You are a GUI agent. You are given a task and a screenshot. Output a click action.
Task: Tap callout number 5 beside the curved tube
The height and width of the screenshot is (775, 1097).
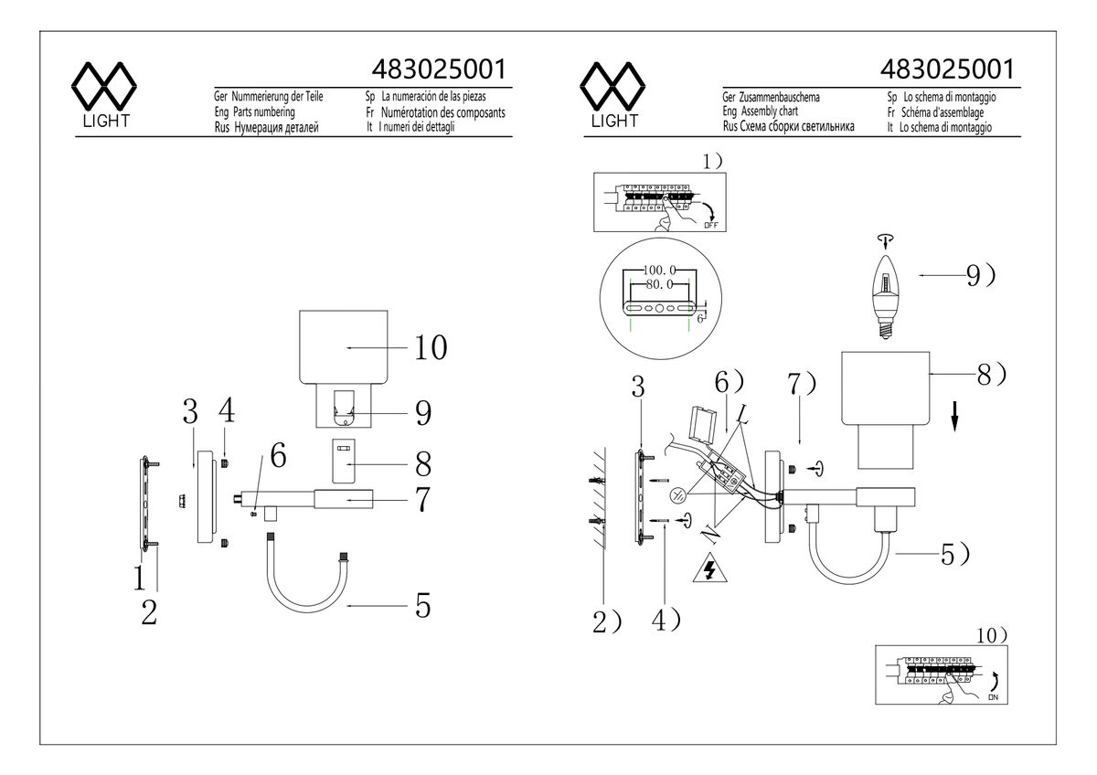[421, 606]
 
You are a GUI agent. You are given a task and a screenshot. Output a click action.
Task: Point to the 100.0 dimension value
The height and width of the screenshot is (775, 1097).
[659, 271]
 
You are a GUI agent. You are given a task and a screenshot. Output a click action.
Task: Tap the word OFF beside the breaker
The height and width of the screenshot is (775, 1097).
[710, 224]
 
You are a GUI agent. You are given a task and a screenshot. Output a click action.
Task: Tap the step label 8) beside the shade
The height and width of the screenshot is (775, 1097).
[991, 375]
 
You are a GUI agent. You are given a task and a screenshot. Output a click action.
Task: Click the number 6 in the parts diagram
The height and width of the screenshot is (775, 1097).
[278, 453]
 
